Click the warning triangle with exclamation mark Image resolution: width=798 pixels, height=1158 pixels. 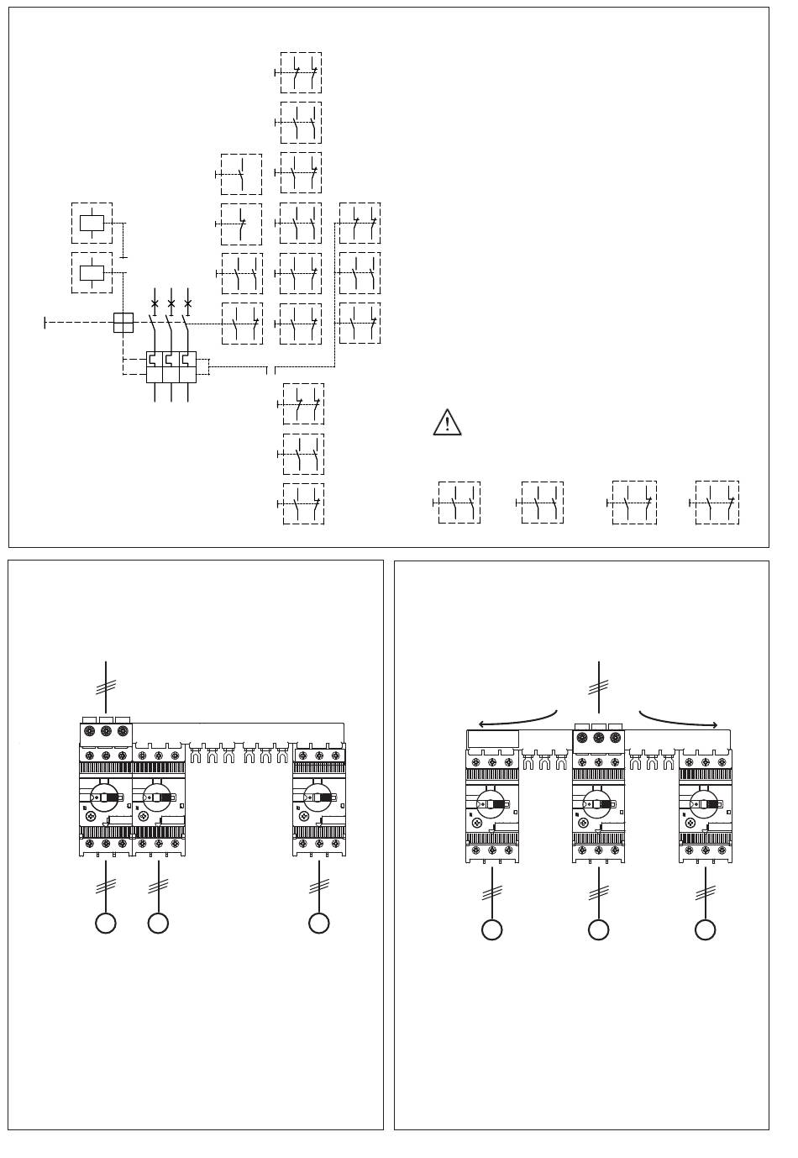pyautogui.click(x=447, y=422)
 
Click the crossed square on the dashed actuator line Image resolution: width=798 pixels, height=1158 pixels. pyautogui.click(x=123, y=323)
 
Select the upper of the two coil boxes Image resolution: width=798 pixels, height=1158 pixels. pyautogui.click(x=92, y=224)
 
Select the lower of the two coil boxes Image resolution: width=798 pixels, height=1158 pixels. pyautogui.click(x=92, y=272)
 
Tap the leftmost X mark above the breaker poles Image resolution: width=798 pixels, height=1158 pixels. pyautogui.click(x=155, y=303)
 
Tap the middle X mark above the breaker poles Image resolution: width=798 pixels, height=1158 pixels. pyautogui.click(x=171, y=303)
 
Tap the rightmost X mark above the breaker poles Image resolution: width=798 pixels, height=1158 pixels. pyautogui.click(x=187, y=303)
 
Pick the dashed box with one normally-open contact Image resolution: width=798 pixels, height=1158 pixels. pyautogui.click(x=241, y=174)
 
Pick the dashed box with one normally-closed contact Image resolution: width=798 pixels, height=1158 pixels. pyautogui.click(x=241, y=224)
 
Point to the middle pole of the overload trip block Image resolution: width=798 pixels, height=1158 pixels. pyautogui.click(x=171, y=367)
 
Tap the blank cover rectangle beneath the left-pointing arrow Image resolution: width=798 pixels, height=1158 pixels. pyautogui.click(x=492, y=740)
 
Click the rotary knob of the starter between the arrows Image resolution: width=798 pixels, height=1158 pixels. pyautogui.click(x=597, y=803)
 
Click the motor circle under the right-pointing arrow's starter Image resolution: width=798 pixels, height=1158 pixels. pyautogui.click(x=705, y=929)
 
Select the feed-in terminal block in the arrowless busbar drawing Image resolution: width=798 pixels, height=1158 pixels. pyautogui.click(x=106, y=732)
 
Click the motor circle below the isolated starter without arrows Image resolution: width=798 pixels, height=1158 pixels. pyautogui.click(x=318, y=923)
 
